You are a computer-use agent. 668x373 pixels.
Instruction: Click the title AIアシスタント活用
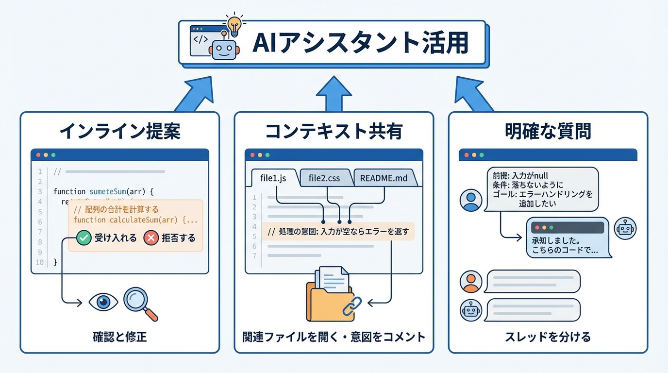pos(360,44)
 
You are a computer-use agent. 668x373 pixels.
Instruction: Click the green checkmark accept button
pos(84,238)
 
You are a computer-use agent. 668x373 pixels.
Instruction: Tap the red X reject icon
pos(151,238)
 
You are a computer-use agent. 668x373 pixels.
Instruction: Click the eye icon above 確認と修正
pos(103,302)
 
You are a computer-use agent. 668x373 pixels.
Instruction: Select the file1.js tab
pos(273,178)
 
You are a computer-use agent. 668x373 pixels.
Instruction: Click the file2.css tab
pos(324,178)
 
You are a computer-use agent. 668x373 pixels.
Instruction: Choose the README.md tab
pos(384,178)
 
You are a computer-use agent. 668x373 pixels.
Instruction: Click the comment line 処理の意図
pos(338,232)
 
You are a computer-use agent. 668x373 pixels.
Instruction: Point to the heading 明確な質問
pos(548,131)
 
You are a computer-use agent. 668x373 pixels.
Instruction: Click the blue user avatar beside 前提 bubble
pos(470,200)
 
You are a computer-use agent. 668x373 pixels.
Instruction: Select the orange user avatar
pos(470,281)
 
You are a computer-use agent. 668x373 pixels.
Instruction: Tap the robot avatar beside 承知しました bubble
pos(625,229)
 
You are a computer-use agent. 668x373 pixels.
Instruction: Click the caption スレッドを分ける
pos(548,337)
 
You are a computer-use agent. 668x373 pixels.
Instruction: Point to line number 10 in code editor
pos(40,262)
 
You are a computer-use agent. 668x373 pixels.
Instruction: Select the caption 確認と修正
pos(119,337)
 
